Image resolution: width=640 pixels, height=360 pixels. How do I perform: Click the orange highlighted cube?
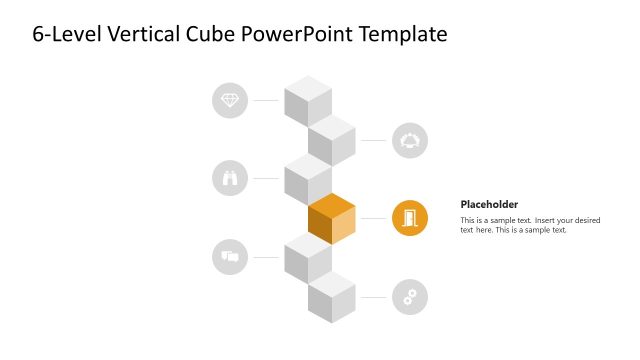pyautogui.click(x=332, y=219)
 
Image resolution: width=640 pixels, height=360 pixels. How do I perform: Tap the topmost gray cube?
pyautogui.click(x=308, y=100)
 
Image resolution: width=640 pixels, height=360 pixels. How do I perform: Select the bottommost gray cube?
pyautogui.click(x=332, y=297)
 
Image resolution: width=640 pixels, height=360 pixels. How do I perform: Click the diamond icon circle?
pyautogui.click(x=231, y=100)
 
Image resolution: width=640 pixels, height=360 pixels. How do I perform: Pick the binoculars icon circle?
pyautogui.click(x=231, y=178)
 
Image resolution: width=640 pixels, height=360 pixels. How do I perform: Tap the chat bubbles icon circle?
pyautogui.click(x=231, y=257)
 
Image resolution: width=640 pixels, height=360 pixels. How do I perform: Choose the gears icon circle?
pyautogui.click(x=410, y=297)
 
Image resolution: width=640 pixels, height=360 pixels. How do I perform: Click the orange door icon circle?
pyautogui.click(x=410, y=218)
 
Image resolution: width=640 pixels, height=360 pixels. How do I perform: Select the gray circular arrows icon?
pyautogui.click(x=410, y=140)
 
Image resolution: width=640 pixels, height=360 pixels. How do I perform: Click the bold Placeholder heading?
pyautogui.click(x=489, y=204)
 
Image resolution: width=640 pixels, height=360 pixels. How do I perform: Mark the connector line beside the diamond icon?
pyautogui.click(x=266, y=100)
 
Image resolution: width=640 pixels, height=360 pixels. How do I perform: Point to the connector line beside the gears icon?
pyautogui.click(x=374, y=297)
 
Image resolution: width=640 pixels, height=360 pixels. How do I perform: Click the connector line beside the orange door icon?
pyautogui.click(x=374, y=218)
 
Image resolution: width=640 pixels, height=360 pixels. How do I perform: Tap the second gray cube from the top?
pyautogui.click(x=332, y=140)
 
